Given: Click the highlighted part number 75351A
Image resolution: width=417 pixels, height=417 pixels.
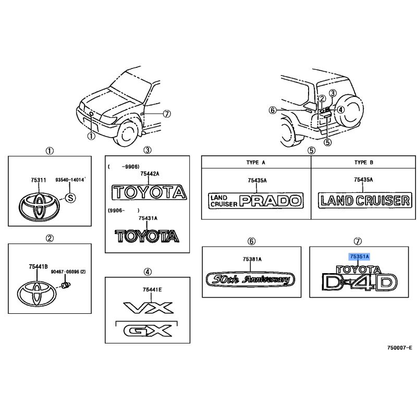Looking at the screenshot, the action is coord(359,256).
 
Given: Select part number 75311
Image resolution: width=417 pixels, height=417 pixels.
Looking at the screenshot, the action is coord(38,180).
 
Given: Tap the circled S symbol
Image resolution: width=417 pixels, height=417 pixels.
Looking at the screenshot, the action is coord(70,198).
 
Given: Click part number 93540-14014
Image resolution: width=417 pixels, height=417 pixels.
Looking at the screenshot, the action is coord(70,180).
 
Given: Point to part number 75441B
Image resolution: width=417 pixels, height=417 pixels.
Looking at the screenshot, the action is coord(38,266).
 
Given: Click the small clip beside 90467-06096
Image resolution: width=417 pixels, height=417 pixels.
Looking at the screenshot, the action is coord(66,285).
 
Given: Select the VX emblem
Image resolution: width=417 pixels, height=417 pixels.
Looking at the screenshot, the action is coord(149,308).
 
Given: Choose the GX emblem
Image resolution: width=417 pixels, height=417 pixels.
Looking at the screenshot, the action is coord(148,331).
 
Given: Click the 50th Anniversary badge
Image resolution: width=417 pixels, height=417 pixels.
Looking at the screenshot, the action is coord(250,279).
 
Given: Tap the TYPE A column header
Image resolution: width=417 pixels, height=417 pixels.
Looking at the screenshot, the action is coord(255,163).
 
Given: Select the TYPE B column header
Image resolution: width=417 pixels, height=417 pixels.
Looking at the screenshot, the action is coord(363,163).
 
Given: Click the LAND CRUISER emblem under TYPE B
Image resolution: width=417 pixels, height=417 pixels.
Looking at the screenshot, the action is coord(365,200).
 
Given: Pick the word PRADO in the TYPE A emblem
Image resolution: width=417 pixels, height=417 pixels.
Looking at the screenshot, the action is coord(271,201).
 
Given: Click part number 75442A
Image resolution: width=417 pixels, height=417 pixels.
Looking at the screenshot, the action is coord(150,174).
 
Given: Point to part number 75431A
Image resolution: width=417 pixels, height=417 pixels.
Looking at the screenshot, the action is coord(148,218).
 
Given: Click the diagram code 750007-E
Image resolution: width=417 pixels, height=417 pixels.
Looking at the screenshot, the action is coord(399,348).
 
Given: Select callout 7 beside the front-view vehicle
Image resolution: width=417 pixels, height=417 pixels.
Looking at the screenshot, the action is coord(166,114).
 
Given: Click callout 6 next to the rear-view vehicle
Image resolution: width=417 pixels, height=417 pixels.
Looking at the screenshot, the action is coord(273,110).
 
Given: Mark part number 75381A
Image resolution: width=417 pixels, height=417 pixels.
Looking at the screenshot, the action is coord(252,259).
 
